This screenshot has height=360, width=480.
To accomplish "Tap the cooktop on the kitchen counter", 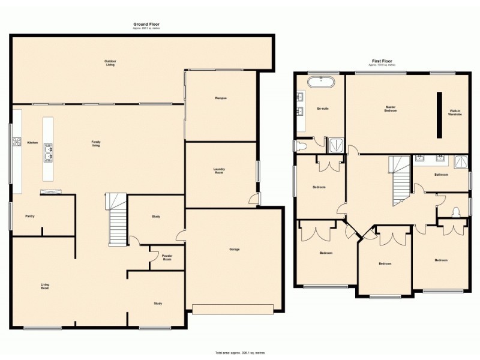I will pos(16,142).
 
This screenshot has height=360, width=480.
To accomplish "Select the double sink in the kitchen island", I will pos(47,155).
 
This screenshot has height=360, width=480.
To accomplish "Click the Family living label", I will pos(95,144).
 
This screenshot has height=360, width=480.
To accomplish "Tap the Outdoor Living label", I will pos(110,62).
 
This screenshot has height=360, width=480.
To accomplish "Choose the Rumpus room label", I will pos(220,98).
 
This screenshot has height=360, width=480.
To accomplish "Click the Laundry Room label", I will pos(220,170).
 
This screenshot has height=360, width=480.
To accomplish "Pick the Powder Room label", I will pos(167,257).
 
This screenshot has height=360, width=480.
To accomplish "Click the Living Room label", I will pos(45,286).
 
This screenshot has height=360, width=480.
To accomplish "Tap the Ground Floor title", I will pos(146,24).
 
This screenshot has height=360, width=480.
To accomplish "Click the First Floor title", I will pos(382,61).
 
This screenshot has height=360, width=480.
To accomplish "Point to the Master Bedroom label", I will pos(391,109).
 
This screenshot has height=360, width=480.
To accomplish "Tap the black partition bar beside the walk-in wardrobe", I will pos(439,114).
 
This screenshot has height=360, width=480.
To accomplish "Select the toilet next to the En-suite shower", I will pos(301,146).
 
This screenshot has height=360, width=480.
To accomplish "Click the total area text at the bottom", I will pos(239,352).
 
